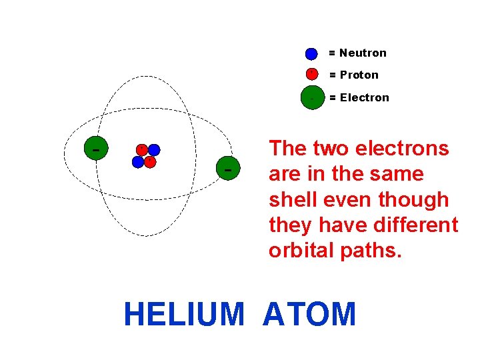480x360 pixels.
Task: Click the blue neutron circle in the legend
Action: [311, 53]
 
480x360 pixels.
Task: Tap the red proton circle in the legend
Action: [311, 74]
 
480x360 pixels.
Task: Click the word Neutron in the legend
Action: [363, 53]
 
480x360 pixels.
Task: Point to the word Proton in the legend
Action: [359, 75]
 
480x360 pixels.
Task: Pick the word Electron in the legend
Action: [364, 98]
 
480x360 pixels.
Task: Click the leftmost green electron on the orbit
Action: [97, 149]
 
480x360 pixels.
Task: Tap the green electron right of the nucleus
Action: [228, 169]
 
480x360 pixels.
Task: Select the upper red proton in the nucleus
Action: [141, 149]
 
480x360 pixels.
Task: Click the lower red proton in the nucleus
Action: [150, 161]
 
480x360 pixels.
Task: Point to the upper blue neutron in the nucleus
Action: [154, 150]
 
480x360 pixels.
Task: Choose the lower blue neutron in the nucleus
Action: [138, 161]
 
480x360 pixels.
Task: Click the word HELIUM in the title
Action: [184, 315]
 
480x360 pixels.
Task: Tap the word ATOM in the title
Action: [310, 315]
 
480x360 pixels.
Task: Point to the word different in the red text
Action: [417, 225]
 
